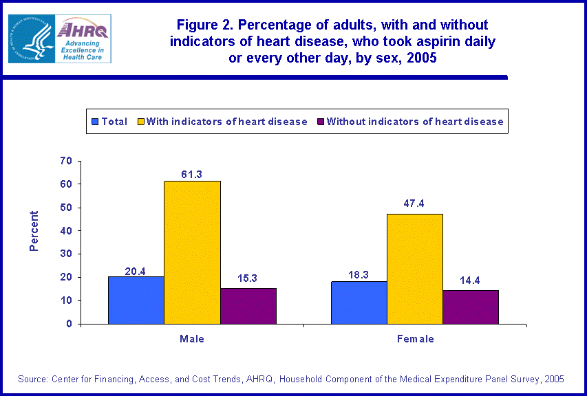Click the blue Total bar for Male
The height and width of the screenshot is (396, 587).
coord(136,300)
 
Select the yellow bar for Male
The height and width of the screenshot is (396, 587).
coord(192,252)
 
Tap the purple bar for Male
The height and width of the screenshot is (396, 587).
coord(248,306)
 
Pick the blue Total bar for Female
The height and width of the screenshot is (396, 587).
coord(359,302)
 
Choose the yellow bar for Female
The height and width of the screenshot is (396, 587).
coord(414,268)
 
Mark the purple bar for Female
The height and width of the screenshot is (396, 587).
coord(470,307)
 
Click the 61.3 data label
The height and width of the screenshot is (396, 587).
coord(192,175)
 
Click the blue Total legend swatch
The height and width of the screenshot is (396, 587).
coord(95,122)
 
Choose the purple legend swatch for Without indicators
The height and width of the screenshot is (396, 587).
coord(320,122)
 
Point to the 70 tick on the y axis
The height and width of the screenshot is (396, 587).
coord(66,161)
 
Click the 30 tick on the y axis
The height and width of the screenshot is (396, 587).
coord(66,254)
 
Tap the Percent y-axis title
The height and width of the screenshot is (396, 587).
coord(34,231)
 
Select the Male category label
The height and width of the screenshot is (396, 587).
coord(192,339)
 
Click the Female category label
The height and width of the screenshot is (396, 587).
coord(415,339)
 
